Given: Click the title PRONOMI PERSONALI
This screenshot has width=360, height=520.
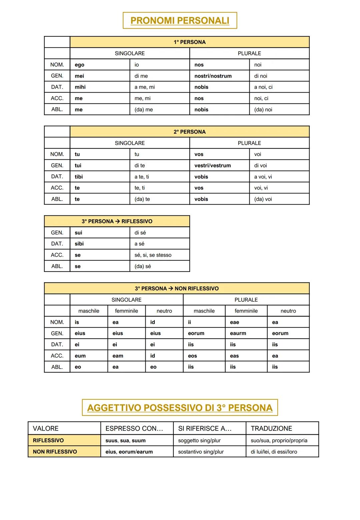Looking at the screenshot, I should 180,21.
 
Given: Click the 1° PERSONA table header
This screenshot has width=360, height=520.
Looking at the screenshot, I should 189,42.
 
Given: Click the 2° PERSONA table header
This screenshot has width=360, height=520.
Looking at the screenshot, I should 189,132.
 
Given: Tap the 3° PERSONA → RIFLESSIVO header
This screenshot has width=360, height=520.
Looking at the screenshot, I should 117,221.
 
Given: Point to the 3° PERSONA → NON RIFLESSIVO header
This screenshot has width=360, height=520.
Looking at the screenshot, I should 177,288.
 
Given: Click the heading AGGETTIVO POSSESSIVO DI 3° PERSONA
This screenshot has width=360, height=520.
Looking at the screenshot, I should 180,408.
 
